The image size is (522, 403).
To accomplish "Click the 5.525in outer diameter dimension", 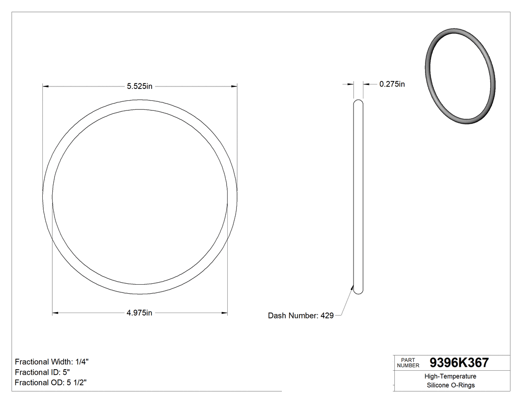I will click(139, 86).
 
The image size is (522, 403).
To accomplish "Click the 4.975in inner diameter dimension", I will click(139, 313).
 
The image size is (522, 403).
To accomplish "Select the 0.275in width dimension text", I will click(392, 84).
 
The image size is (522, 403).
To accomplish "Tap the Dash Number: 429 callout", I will click(300, 316).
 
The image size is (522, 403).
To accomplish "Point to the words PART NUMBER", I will click(408, 363).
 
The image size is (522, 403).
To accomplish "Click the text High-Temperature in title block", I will click(450, 377).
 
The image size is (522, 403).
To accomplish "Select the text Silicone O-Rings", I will click(450, 386).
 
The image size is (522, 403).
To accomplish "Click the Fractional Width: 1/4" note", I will click(52, 362).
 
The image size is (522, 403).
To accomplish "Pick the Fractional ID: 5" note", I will click(42, 372).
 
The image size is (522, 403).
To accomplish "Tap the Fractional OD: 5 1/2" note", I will click(52, 383).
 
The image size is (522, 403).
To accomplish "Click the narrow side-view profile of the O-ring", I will click(358, 199).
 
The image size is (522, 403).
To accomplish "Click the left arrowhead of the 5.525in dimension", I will click(45, 86).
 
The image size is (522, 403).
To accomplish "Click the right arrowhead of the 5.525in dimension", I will click(234, 86).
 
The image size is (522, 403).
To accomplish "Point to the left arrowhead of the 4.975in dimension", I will click(55, 313).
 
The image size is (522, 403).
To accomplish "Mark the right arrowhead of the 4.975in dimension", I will click(225, 313).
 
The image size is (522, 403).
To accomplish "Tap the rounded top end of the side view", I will click(358, 102).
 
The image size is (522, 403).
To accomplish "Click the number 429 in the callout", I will click(327, 316).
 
